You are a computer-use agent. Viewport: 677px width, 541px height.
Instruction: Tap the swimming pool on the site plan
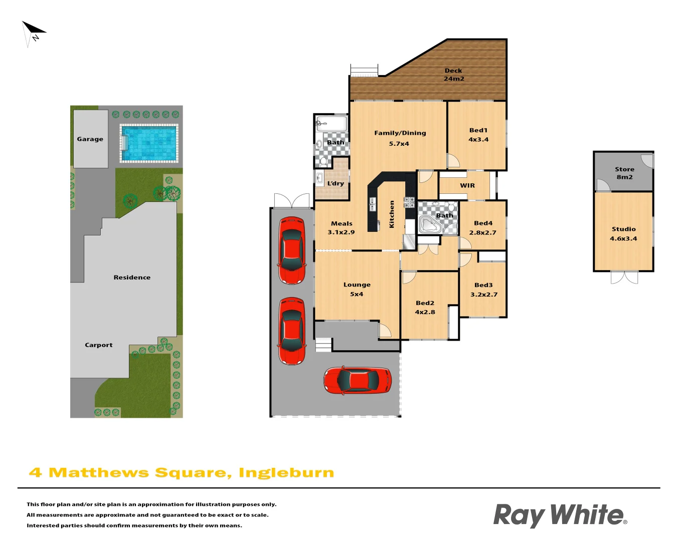click(149, 143)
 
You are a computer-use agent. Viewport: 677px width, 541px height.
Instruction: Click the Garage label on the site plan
click(90, 139)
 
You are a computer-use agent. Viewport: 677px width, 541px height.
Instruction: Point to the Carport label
click(99, 345)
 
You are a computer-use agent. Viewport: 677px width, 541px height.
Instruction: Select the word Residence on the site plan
click(132, 278)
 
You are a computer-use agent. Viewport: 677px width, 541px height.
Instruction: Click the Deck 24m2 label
click(453, 75)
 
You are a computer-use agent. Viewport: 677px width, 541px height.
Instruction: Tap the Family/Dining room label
click(400, 133)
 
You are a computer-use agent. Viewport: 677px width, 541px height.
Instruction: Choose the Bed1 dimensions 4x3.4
click(478, 140)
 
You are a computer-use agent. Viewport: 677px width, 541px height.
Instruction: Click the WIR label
click(467, 185)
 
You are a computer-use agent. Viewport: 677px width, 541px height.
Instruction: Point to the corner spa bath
click(429, 224)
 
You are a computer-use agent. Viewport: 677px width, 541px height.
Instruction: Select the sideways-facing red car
click(358, 380)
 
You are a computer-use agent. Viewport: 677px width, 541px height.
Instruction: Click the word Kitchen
click(392, 214)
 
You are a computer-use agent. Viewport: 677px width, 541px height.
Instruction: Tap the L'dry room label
click(335, 183)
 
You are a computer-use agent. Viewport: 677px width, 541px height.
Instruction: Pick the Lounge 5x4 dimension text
click(357, 294)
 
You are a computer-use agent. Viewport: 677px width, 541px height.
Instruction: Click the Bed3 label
click(483, 285)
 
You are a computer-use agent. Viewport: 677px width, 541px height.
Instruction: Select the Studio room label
click(623, 229)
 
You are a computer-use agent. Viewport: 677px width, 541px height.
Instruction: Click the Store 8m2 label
click(624, 173)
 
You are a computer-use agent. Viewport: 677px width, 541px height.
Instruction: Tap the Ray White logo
click(560, 515)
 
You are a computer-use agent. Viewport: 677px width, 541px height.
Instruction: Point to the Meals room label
click(342, 223)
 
